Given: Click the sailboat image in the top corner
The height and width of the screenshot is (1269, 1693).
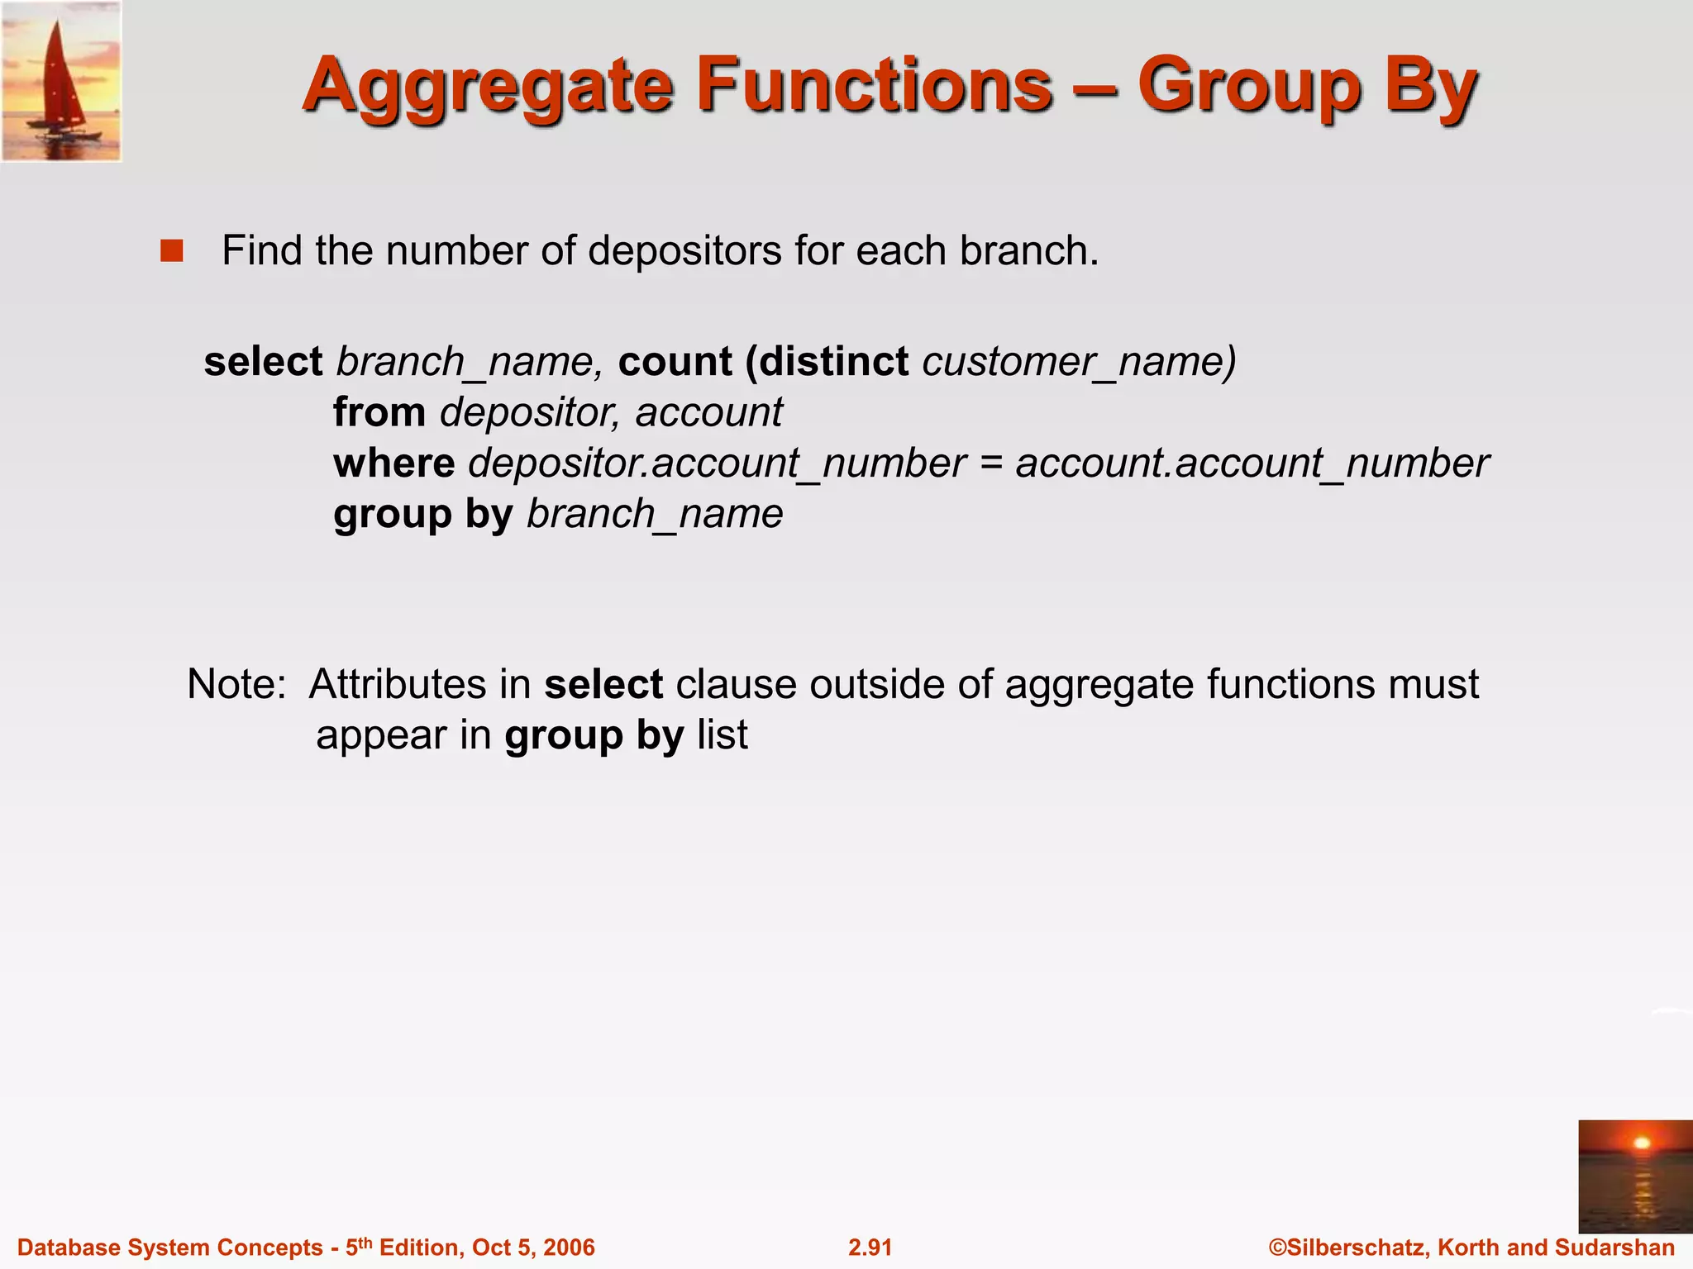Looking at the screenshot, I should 62,81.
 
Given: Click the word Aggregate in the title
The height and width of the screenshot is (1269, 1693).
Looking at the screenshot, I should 489,87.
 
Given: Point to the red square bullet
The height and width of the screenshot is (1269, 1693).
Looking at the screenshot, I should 172,250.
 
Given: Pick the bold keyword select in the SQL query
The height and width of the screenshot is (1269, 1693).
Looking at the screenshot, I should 263,362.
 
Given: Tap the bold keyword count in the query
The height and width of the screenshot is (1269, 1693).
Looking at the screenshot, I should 675,362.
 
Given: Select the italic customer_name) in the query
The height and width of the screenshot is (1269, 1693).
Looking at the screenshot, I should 1080,362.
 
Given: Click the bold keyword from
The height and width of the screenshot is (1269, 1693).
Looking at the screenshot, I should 379,412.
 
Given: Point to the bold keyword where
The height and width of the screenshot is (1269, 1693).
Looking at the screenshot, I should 393,463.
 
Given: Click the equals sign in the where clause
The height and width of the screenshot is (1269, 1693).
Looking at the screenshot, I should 990,463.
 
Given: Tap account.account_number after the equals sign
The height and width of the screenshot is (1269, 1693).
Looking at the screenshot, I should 1252,463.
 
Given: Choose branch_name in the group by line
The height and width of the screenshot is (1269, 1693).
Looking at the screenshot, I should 655,515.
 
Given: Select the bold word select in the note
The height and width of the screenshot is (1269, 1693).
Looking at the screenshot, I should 603,684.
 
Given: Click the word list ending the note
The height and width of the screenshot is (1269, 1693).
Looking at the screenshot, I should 723,735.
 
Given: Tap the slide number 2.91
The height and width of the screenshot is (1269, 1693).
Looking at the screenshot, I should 870,1248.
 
